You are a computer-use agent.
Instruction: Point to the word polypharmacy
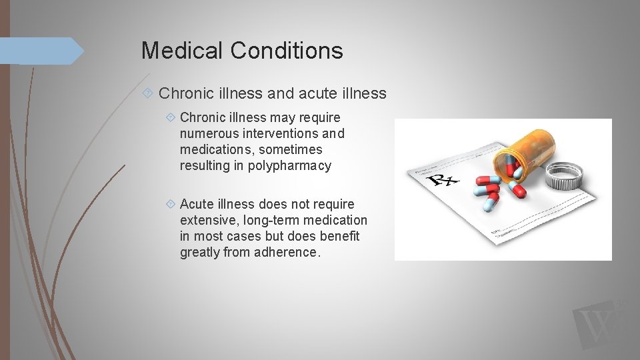coord(289,166)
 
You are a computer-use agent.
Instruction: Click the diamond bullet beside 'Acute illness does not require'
coord(171,204)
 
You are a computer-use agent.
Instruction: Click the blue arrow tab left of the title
coord(40,51)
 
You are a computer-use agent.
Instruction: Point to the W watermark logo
coord(597,326)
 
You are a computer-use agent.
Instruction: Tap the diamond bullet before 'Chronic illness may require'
coord(171,118)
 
